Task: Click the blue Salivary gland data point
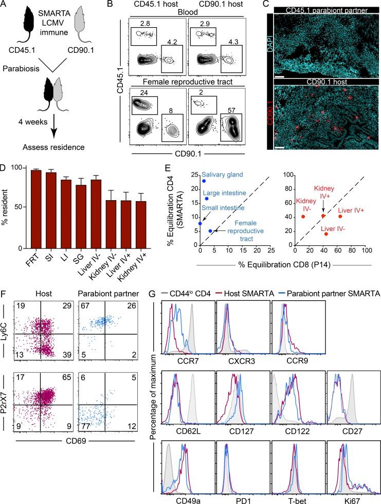204,181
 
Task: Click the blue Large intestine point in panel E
207,199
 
